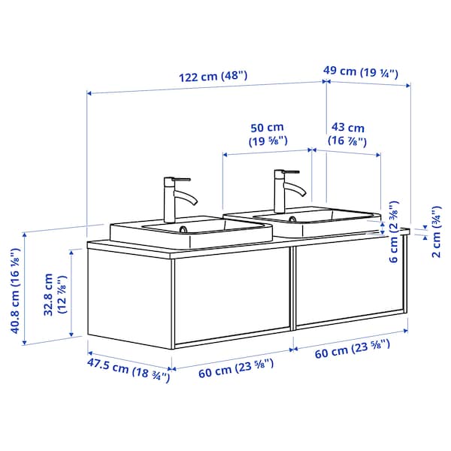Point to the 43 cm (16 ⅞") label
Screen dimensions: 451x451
pyautogui.click(x=347, y=134)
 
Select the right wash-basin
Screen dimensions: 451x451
pyautogui.click(x=301, y=222)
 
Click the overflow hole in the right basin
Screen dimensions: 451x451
pyautogui.click(x=292, y=218)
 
